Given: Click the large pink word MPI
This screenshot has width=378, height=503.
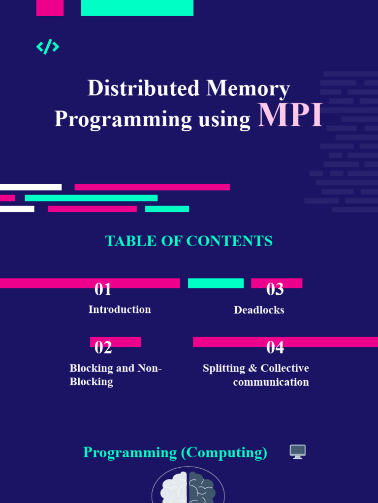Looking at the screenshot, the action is click(x=290, y=116).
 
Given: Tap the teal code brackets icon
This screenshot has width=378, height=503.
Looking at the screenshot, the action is click(x=48, y=47).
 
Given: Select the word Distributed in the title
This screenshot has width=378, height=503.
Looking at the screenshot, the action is click(x=143, y=88).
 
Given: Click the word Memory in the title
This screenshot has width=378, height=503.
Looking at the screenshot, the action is click(x=248, y=88).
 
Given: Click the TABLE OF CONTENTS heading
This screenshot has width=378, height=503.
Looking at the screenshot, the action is click(x=189, y=241).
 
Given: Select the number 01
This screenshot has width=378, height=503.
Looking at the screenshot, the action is click(x=103, y=289).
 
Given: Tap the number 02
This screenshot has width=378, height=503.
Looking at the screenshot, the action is click(x=103, y=347).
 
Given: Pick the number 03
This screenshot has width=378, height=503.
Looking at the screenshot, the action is click(x=275, y=289).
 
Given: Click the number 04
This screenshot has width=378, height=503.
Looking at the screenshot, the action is click(x=275, y=347).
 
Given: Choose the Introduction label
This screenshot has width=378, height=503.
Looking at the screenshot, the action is click(x=120, y=309).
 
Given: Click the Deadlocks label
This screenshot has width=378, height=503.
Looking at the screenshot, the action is click(x=259, y=310).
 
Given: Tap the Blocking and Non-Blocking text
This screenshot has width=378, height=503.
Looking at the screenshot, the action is click(x=115, y=375).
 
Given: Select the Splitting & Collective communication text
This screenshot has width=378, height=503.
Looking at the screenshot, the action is click(x=256, y=375).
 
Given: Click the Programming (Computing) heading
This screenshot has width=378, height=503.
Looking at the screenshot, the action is click(x=175, y=452).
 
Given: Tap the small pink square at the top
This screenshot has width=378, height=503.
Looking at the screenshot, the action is click(x=50, y=7).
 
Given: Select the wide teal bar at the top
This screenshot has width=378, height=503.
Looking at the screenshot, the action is click(x=137, y=7).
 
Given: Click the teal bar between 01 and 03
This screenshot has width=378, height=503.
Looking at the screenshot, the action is click(x=216, y=283).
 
